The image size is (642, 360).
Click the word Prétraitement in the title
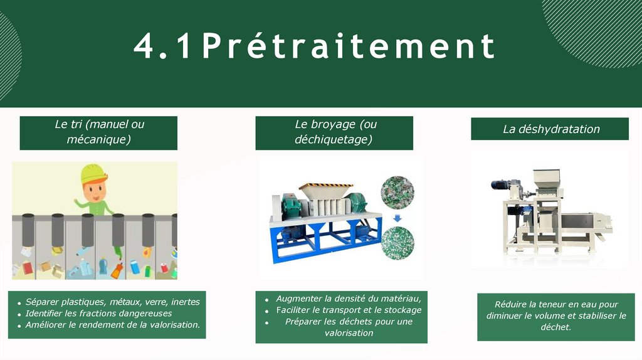pyautogui.click(x=349, y=46)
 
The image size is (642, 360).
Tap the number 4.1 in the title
pyautogui.click(x=162, y=46)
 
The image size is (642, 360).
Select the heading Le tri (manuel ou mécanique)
pyautogui.click(x=99, y=132)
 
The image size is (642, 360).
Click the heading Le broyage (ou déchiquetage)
pyautogui.click(x=335, y=132)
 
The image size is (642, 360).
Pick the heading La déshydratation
pyautogui.click(x=551, y=129)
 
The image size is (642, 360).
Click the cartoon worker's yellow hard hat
pyautogui.click(x=94, y=174)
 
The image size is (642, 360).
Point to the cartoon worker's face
pyautogui.click(x=94, y=191)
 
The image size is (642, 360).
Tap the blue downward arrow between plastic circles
pyautogui.click(x=397, y=219)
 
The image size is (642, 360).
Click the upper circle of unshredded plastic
pyautogui.click(x=397, y=193)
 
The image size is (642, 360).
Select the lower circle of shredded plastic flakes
pyautogui.click(x=397, y=243)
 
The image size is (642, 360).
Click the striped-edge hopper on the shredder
pyautogui.click(x=326, y=191)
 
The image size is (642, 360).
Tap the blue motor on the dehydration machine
pyautogui.click(x=500, y=184)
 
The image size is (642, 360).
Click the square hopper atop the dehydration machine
pyautogui.click(x=548, y=179)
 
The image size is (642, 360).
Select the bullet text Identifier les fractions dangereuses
pyautogui.click(x=98, y=314)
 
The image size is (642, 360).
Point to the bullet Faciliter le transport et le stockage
pyautogui.click(x=349, y=310)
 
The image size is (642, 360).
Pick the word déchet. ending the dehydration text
pyautogui.click(x=555, y=327)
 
